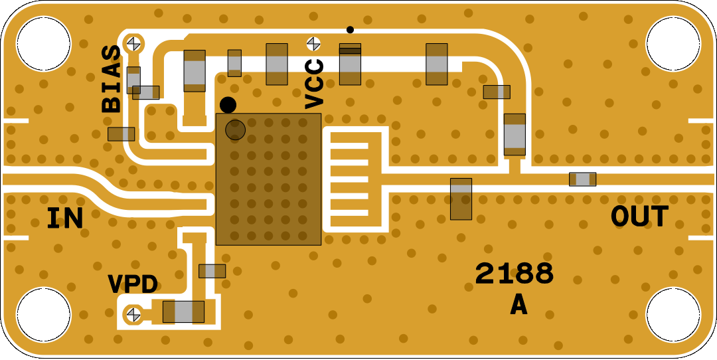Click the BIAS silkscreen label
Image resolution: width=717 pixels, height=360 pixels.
(x=112, y=78)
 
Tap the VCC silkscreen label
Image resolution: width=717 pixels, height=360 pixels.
(x=314, y=84)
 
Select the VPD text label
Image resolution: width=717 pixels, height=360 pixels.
(x=133, y=284)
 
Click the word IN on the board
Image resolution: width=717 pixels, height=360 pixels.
(x=65, y=218)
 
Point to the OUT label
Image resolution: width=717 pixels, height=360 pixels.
(x=639, y=217)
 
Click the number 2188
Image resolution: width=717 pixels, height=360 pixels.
(x=514, y=274)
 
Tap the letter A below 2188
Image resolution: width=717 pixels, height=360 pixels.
(x=518, y=305)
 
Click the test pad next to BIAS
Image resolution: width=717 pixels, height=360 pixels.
(x=134, y=44)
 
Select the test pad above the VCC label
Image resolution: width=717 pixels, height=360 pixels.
(x=313, y=43)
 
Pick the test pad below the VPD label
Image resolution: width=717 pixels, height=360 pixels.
(x=134, y=312)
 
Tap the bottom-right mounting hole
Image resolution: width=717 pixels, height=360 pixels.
(x=673, y=314)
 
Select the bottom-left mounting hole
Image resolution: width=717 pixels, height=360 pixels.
(x=43, y=314)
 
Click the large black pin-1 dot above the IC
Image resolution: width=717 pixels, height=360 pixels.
(x=228, y=105)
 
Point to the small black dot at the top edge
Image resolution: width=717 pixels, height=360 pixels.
(x=350, y=29)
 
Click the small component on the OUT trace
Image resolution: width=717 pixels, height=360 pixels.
(x=582, y=179)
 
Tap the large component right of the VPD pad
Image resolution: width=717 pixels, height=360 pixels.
(x=183, y=312)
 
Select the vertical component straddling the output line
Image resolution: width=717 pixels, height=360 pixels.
(x=461, y=199)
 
